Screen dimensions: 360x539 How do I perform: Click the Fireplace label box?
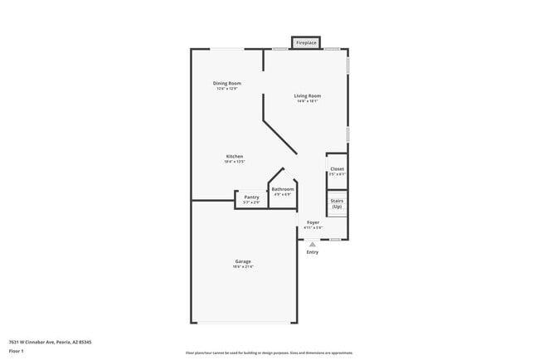306,42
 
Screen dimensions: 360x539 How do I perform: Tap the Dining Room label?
226,83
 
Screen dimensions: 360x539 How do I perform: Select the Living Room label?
307,95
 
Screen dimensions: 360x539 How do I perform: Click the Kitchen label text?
235,157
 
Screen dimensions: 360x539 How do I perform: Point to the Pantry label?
251,197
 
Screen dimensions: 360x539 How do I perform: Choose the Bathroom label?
283,189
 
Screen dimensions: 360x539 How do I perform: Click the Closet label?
337,168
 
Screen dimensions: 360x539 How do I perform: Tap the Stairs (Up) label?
337,203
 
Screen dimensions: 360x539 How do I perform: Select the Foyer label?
313,222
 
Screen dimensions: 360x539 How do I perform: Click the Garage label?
242,261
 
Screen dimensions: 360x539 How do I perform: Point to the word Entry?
312,252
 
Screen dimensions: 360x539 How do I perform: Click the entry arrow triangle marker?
312,244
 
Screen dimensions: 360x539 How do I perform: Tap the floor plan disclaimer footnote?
269,353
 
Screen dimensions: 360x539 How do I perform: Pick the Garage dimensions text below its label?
242,267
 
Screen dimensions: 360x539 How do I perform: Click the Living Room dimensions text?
307,101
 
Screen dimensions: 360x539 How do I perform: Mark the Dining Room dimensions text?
226,89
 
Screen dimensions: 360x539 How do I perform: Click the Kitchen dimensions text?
235,163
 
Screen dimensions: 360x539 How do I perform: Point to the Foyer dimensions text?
313,228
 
